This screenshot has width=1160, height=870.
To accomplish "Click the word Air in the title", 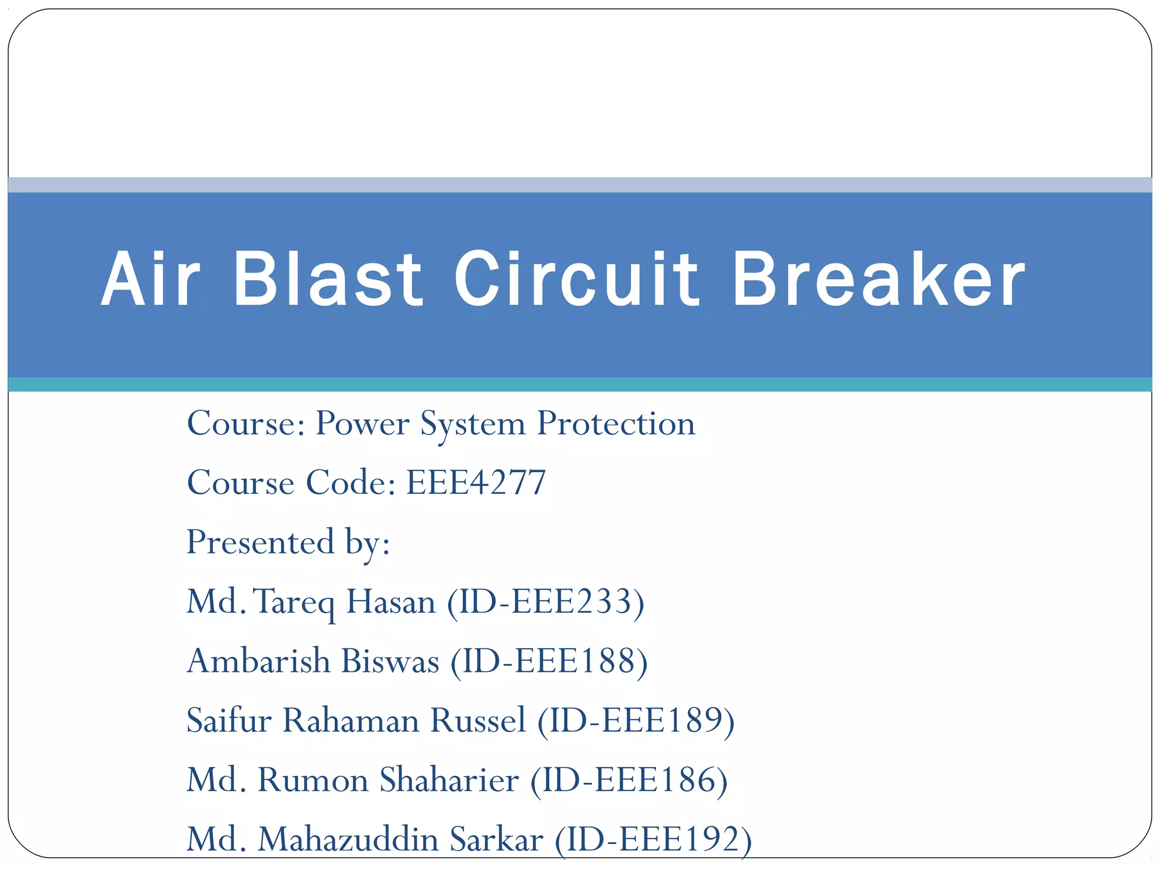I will tap(151, 280).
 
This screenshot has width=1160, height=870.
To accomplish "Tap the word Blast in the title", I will tap(327, 280).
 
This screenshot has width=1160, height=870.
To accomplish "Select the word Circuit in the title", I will tap(576, 280).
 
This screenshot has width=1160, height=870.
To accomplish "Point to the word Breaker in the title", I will tap(878, 280).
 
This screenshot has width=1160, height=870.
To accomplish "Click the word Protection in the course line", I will tap(616, 424).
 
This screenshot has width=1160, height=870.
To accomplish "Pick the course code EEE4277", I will tap(476, 483).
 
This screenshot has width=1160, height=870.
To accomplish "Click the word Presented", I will tap(261, 542).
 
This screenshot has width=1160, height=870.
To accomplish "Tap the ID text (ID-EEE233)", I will tap(545, 602).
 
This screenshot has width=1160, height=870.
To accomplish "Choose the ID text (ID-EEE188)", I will tap(549, 662).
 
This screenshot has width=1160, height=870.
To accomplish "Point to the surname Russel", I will tap(478, 721).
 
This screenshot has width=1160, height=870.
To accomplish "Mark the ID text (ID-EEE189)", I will tap(636, 721).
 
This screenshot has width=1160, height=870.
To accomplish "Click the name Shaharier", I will tap(449, 781).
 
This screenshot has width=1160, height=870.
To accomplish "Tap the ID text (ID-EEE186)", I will tap(629, 781).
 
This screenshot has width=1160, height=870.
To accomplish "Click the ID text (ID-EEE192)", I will tap(653, 840).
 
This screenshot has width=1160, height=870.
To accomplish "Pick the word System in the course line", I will tap(473, 424).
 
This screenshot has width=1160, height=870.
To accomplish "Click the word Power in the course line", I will tap(362, 424).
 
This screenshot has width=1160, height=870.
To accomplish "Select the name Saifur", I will tap(229, 721).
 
